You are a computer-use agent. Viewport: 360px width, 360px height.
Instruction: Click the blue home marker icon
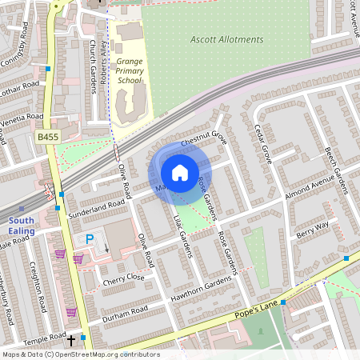coord(180,173)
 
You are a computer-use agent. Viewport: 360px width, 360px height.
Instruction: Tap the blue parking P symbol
coord(90,239)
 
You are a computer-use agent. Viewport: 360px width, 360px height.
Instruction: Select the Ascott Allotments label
coord(226,39)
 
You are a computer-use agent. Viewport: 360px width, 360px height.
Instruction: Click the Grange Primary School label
coord(130,70)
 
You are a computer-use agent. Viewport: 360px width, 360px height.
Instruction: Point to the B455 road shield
coord(47,138)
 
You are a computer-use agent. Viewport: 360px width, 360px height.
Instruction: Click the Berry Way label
coord(312,230)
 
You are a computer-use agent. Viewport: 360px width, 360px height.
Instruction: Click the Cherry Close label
coord(123,278)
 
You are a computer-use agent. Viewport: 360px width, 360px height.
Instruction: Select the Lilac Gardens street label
coord(183,237)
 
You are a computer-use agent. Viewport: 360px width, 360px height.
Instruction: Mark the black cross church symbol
coord(70,341)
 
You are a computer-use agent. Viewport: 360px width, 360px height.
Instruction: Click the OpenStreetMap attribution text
coord(80,354)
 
